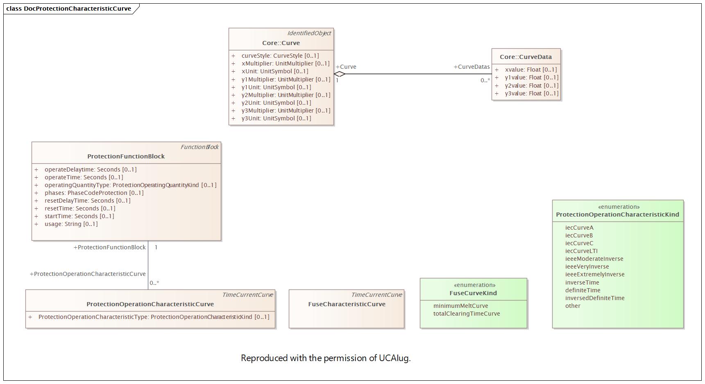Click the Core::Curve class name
[281, 43]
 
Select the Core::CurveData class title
[526, 57]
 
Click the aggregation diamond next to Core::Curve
[340, 74]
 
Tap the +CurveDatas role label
[472, 67]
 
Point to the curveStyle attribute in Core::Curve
[280, 56]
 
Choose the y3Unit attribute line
[276, 118]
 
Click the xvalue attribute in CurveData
[531, 70]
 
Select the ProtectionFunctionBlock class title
[126, 156]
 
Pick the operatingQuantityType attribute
[131, 185]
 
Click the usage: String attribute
[71, 224]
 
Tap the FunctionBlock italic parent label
[199, 147]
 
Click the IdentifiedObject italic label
[309, 33]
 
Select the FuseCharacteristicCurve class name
[347, 304]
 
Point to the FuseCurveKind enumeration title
[473, 293]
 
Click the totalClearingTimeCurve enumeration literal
[467, 314]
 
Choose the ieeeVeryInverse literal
[587, 267]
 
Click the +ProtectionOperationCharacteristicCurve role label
[88, 274]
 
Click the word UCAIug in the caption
[394, 358]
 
